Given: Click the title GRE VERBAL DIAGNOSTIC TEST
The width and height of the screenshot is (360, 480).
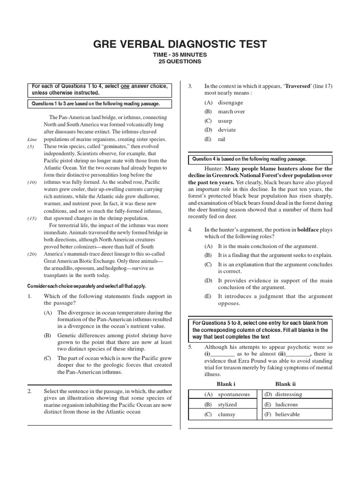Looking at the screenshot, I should pos(180,44).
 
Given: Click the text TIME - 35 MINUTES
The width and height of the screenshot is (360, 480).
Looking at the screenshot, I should pos(180,55).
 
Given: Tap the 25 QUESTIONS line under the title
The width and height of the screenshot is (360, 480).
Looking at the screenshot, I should pos(180,61).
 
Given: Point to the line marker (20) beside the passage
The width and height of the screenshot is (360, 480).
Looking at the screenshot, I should pos(32,254).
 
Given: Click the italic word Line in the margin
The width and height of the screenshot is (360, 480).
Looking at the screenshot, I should pos(32,140).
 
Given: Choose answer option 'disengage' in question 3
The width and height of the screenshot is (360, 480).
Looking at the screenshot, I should pos(230,103).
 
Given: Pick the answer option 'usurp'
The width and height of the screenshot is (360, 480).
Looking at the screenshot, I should pos(225,120).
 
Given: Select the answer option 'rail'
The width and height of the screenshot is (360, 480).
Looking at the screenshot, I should pos(222,139).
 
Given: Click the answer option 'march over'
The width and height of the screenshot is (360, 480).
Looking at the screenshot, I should pos(231,112).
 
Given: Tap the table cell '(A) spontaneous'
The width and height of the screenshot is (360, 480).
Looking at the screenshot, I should pos(227,395).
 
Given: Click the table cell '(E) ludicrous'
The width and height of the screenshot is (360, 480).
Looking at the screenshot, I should pos(281,405).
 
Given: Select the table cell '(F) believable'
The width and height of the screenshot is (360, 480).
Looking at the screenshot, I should pos(282,414).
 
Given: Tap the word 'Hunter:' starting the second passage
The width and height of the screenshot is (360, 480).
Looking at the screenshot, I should pos(214,168).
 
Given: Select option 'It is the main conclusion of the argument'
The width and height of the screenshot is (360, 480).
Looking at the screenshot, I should pos(268,246).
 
